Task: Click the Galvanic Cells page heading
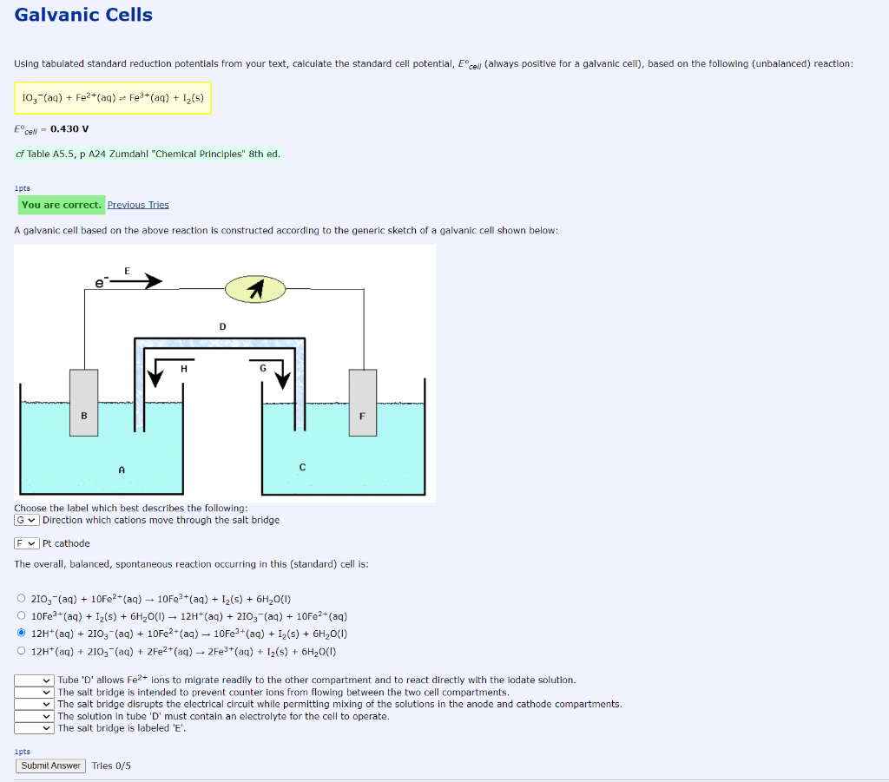(83, 16)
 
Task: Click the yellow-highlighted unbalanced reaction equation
(113, 98)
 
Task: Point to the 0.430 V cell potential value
(69, 129)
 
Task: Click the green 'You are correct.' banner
(61, 205)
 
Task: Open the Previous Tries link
(138, 205)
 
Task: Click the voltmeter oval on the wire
(255, 289)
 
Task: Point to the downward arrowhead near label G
(283, 378)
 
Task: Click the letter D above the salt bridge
(222, 326)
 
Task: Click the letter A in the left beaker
(122, 469)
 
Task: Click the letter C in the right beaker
(302, 468)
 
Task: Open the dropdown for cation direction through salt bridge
(27, 520)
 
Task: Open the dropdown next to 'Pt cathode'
(27, 543)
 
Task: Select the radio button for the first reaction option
(22, 598)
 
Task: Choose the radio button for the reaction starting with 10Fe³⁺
(22, 615)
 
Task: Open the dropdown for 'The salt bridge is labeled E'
(35, 728)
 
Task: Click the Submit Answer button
(50, 766)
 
